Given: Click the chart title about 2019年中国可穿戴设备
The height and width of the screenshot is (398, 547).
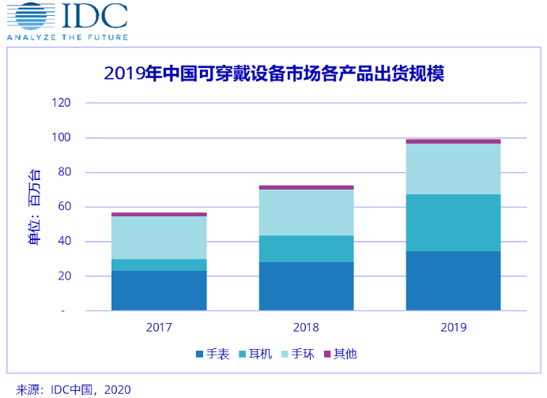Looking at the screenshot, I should coord(274,74).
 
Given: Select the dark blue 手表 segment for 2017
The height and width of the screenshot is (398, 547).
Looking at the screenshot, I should coord(159,291).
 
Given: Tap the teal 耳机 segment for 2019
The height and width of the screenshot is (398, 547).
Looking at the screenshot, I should coord(453,223).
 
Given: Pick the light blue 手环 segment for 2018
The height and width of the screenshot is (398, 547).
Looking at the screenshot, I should coord(306,212).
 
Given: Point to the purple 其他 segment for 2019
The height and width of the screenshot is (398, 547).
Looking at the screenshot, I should coord(453,141).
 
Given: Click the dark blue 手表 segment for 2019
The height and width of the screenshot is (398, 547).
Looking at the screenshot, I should coord(453,280).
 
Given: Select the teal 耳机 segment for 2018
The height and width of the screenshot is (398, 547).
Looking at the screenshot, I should coord(306,249).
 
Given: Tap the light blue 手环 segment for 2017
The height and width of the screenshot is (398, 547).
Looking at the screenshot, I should coord(159,238).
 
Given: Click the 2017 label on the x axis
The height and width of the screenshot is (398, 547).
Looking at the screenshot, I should coord(159,327).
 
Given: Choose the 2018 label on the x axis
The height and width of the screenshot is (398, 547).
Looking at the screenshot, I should coord(306,327).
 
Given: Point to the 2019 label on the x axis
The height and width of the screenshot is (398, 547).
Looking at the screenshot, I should coord(453,327).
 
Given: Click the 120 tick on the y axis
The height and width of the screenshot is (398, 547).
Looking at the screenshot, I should coord(61,103).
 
